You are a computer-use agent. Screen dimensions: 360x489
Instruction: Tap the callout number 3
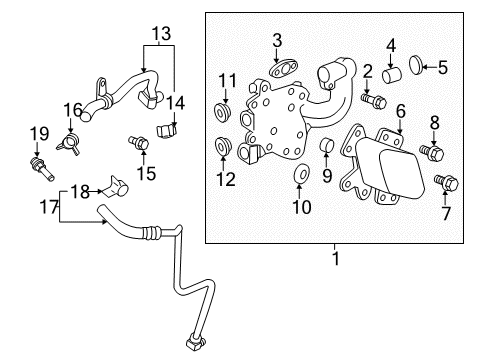point(277,40)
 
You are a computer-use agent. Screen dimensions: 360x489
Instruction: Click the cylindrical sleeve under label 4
point(393,72)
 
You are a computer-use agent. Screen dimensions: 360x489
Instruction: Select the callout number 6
point(400,112)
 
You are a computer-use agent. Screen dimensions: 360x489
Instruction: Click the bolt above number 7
point(449,183)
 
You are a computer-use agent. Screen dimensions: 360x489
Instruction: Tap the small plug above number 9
point(326,150)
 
